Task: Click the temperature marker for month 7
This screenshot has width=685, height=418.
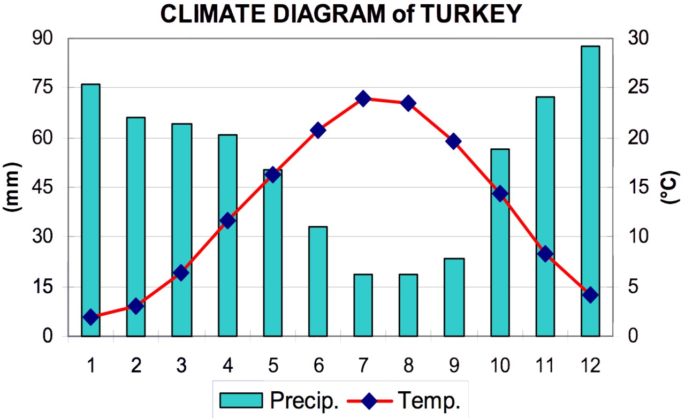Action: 363,98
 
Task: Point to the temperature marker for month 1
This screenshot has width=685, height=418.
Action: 91,317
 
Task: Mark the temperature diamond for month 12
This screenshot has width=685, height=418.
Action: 590,295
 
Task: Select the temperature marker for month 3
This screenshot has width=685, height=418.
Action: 181,273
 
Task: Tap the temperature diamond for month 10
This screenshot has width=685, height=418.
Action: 500,194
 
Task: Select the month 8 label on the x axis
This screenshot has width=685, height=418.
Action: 408,366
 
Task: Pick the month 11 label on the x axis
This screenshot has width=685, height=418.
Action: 545,366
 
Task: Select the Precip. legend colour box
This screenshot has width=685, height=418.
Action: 241,400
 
